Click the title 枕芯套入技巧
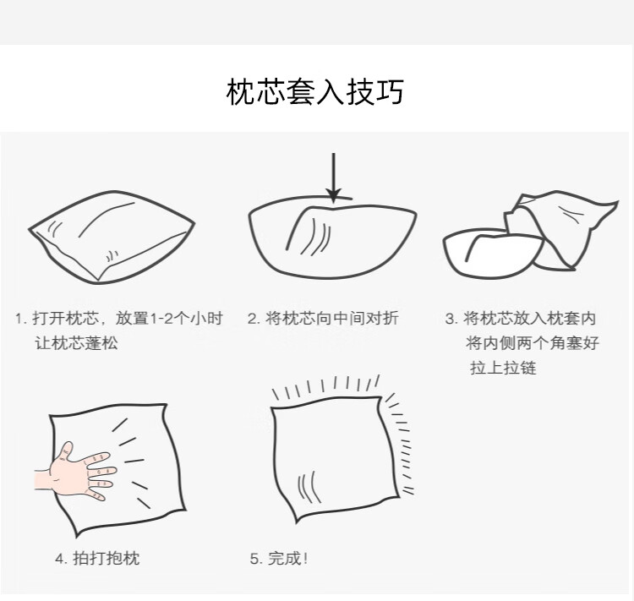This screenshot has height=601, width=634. [315, 92]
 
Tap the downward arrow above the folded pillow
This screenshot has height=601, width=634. [333, 178]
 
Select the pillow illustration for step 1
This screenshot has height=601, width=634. [112, 237]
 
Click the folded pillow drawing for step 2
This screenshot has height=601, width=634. [332, 238]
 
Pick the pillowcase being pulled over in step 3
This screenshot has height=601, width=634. [562, 228]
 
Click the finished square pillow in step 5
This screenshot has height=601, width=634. [334, 458]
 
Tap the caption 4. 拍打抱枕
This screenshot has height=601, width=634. [97, 558]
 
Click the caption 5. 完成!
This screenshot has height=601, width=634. [279, 559]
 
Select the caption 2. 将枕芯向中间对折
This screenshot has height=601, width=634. [323, 319]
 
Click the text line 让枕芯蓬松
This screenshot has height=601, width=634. [76, 343]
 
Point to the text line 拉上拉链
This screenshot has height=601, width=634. [503, 368]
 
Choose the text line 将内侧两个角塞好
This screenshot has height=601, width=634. [532, 343]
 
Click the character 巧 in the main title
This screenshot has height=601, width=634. [390, 92]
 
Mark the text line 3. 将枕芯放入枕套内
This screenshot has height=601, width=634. [521, 319]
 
